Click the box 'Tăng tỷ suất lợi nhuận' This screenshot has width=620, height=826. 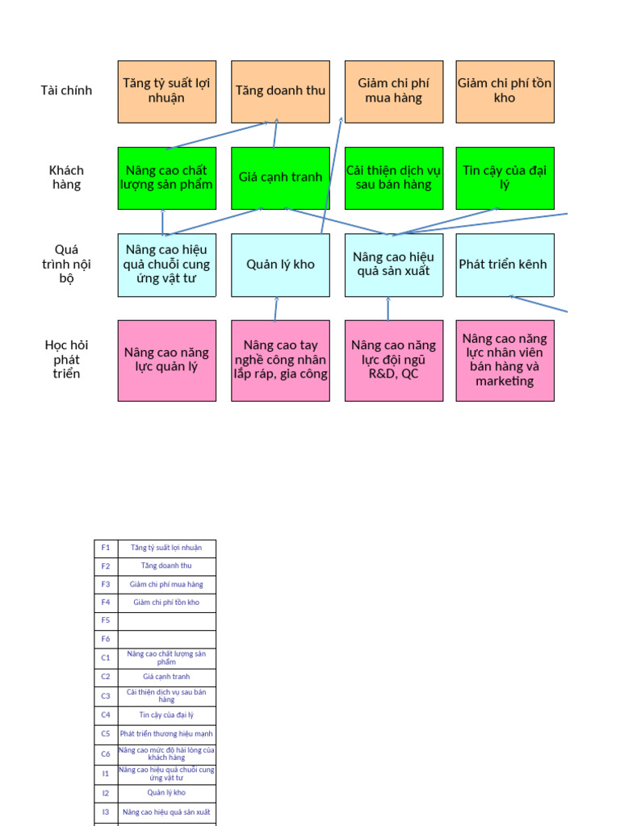tap(167, 91)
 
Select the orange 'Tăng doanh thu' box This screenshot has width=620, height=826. tap(280, 91)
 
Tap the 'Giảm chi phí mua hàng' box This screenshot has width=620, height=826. tap(394, 91)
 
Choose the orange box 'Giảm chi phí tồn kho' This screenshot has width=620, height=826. tap(505, 91)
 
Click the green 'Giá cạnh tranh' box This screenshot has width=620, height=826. tap(280, 177)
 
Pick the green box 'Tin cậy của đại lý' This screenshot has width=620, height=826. tap(505, 177)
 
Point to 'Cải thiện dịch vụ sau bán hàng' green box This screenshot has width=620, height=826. tap(394, 177)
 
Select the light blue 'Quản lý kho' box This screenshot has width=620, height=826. tap(280, 265)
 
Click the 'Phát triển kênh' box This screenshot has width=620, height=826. tap(505, 265)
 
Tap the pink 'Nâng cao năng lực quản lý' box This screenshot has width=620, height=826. tap(167, 360)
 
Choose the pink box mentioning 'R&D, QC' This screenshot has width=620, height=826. tap(394, 360)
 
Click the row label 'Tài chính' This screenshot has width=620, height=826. tap(66, 90)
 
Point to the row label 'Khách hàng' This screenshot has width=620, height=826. tap(66, 177)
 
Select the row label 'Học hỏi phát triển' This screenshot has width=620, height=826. tap(66, 359)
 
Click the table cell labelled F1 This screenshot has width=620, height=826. tap(106, 549)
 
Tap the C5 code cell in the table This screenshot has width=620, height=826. tap(106, 734)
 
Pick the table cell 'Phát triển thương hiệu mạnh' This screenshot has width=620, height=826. tap(166, 734)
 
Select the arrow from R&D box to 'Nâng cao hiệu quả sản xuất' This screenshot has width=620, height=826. tap(388, 309)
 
